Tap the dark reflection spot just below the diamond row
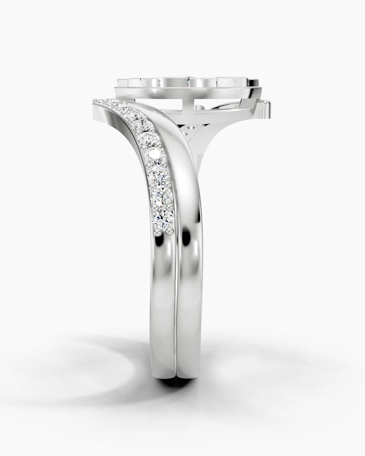click(x=186, y=237)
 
